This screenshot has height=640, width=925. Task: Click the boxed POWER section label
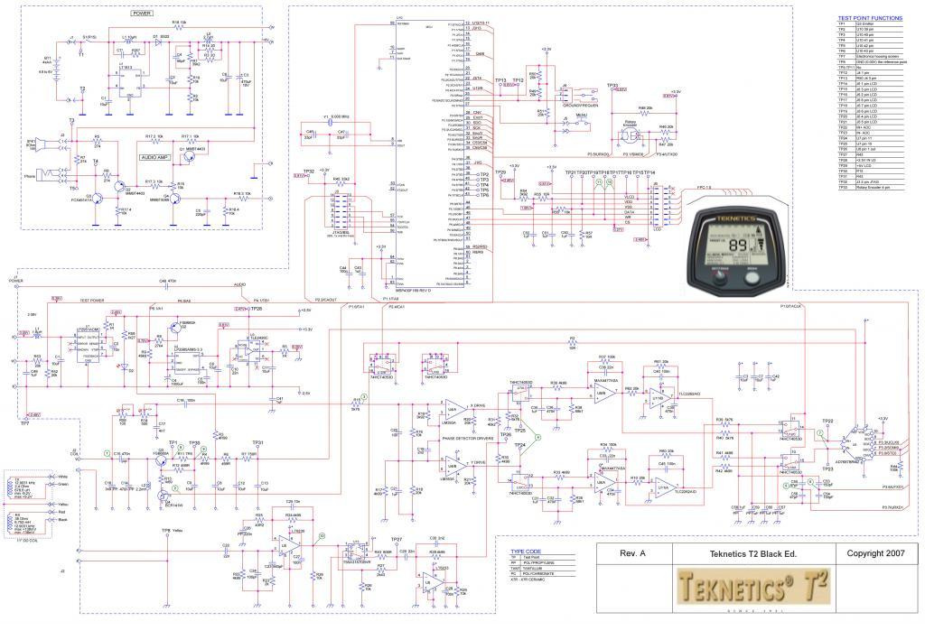point(142,14)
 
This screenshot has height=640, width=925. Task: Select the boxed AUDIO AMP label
point(155,156)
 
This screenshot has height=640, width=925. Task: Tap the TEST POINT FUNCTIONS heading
point(869,18)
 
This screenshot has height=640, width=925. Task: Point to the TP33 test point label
point(612,87)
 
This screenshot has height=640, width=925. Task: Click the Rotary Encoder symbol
point(624,136)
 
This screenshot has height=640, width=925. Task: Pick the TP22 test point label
point(827,422)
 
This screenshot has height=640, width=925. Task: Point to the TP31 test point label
point(257,442)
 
